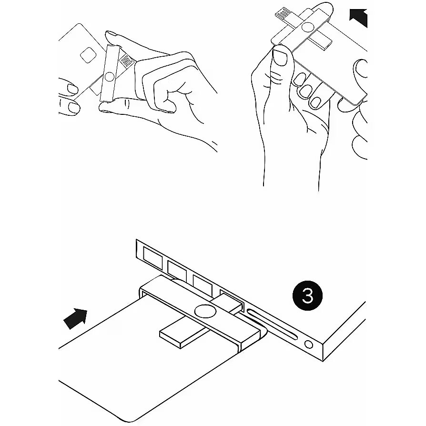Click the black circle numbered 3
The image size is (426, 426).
[x=307, y=295]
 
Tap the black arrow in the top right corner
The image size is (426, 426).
[x=359, y=18]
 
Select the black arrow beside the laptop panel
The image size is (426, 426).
[x=75, y=319]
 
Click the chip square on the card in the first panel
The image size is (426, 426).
[x=88, y=55]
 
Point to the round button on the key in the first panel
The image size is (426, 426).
[x=110, y=77]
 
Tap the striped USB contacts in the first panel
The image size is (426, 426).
[x=127, y=61]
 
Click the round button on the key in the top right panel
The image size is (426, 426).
[x=307, y=27]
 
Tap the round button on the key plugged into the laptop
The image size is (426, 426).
[x=205, y=311]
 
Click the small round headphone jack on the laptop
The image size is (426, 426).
[x=309, y=345]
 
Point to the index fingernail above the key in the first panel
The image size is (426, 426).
[x=112, y=34]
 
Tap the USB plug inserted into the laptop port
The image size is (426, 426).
[x=227, y=303]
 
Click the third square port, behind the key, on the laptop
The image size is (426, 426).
[x=203, y=284]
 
